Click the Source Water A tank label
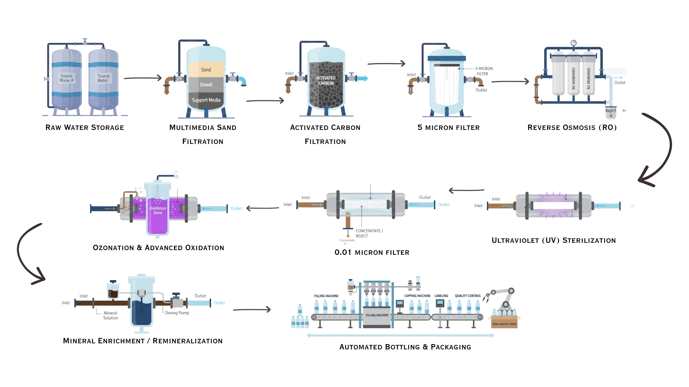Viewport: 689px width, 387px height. (66, 78)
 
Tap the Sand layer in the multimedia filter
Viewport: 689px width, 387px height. (206, 70)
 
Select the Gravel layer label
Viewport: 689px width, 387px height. (206, 85)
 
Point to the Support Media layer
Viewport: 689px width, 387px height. (206, 100)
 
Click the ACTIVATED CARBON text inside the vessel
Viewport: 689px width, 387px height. (325, 80)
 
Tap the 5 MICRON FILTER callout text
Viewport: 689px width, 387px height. (484, 71)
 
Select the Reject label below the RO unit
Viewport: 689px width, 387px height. (611, 111)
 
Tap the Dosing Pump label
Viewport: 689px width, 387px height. (177, 313)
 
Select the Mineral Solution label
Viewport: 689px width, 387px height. (111, 315)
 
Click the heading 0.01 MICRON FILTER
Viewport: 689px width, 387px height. (372, 252)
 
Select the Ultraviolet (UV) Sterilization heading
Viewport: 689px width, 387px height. (554, 240)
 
